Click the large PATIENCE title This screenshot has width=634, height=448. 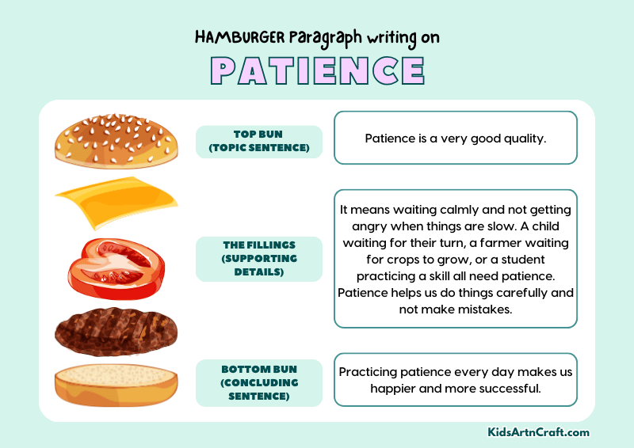(x=317, y=70)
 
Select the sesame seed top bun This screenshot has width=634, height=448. (x=116, y=141)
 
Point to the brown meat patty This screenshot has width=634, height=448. (x=116, y=331)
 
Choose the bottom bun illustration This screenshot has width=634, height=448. (x=116, y=385)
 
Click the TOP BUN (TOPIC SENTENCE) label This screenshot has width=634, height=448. (x=259, y=141)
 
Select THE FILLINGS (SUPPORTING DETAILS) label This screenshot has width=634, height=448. (x=259, y=258)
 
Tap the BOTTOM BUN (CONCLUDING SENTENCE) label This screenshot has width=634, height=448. (x=259, y=382)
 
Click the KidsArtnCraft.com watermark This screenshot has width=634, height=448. (x=538, y=432)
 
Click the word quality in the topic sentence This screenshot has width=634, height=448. (x=523, y=138)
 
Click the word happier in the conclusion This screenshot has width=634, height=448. (x=395, y=388)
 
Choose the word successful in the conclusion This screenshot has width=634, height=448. (x=507, y=388)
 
